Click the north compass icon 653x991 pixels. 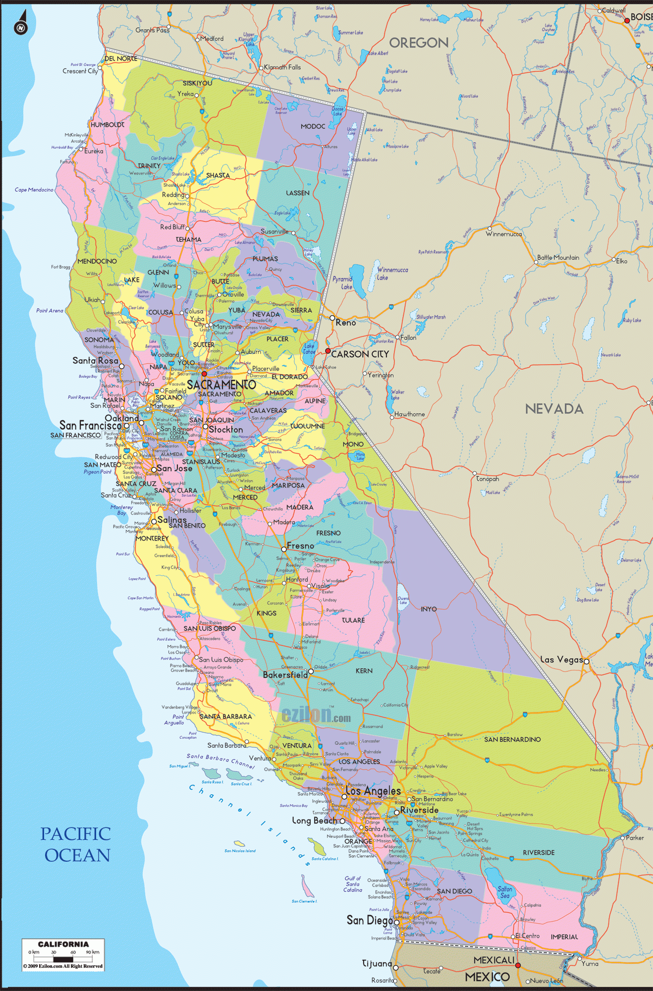point(21,26)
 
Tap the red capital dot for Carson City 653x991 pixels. point(327,351)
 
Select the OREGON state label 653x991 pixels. point(419,43)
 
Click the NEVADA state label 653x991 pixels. point(554,409)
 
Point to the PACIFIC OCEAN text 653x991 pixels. point(76,844)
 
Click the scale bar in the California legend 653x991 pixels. point(63,958)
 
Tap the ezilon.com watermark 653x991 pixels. point(316,715)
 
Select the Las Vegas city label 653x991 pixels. point(561,660)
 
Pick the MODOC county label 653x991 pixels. point(313,126)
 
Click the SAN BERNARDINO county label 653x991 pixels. point(512,739)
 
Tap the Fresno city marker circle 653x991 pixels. point(284,549)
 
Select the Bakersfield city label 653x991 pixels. point(285,675)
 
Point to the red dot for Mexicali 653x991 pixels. point(518,965)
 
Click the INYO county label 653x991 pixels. point(429,609)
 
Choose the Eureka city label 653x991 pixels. point(94,151)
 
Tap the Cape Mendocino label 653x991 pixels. point(34,190)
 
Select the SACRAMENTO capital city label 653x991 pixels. point(221,385)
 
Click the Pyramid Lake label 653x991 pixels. point(342,282)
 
